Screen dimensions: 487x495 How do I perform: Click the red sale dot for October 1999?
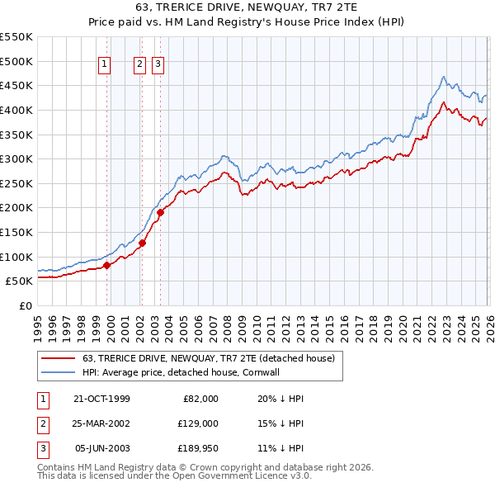106,266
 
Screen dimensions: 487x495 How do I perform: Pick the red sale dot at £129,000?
142,243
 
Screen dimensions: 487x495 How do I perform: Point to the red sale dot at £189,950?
160,213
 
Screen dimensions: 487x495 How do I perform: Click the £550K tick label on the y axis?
16,37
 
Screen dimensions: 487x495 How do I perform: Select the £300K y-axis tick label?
16,158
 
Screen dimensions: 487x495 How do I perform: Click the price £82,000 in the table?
199,399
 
